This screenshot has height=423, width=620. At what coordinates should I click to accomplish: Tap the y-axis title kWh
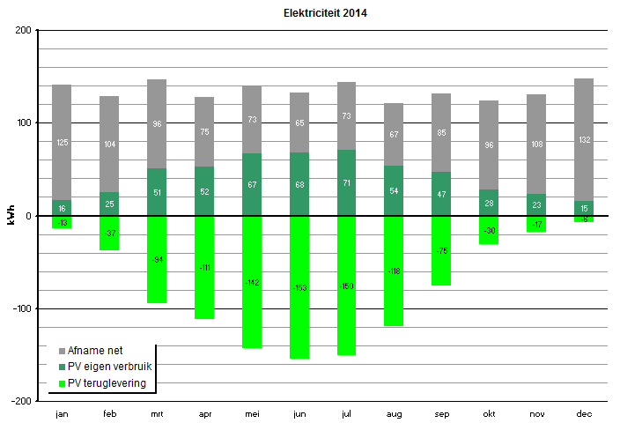[11, 215]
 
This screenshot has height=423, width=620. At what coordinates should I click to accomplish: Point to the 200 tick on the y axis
[23, 31]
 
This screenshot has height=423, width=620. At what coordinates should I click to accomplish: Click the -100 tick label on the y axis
[19, 308]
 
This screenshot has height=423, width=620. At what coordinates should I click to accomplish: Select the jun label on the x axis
[299, 412]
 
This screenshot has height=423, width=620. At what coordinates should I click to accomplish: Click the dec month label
[583, 412]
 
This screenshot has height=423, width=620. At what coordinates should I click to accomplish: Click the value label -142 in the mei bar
[252, 282]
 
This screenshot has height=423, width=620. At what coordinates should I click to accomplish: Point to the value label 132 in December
[584, 140]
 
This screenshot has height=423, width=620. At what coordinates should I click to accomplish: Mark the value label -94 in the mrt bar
[157, 259]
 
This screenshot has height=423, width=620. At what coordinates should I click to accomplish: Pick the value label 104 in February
[109, 144]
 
